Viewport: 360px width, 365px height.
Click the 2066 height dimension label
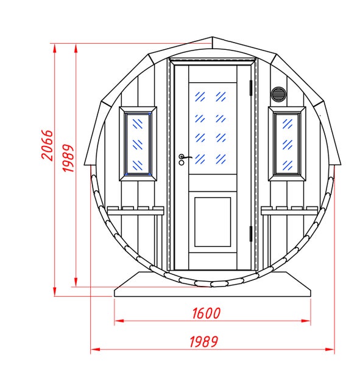[x=47, y=145]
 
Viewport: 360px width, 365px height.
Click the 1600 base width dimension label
[x=206, y=313]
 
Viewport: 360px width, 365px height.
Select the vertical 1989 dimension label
[x=68, y=158]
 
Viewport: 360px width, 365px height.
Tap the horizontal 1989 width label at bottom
[x=204, y=342]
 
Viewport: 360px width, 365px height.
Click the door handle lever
[x=186, y=158]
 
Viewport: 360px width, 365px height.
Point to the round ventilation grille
[x=278, y=94]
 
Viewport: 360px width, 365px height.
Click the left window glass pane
[x=138, y=144]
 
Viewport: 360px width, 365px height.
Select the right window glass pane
[x=287, y=144]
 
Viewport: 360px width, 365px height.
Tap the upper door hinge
[x=251, y=88]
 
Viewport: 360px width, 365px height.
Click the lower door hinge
[x=251, y=234]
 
